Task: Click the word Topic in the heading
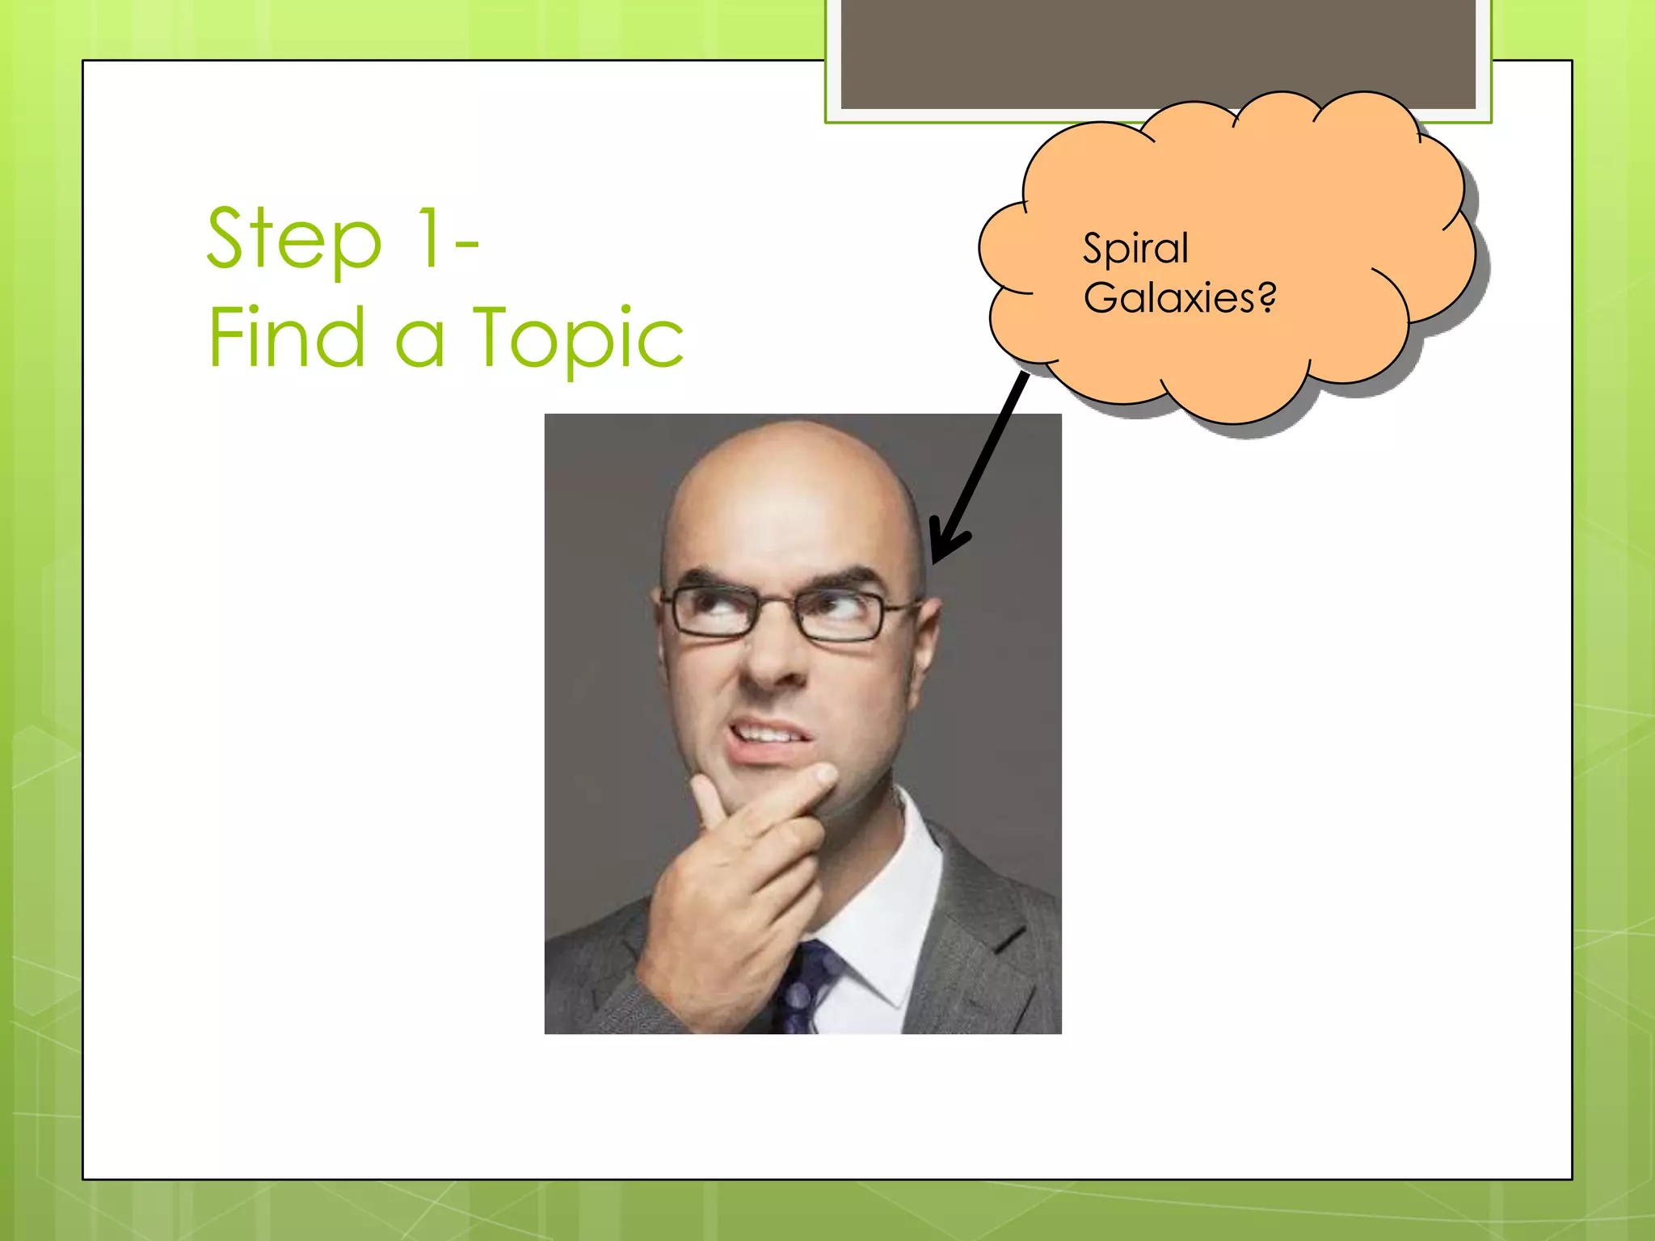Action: pyautogui.click(x=578, y=339)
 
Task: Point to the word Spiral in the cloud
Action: pyautogui.click(x=1135, y=248)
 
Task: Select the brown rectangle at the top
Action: pyautogui.click(x=1158, y=53)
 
